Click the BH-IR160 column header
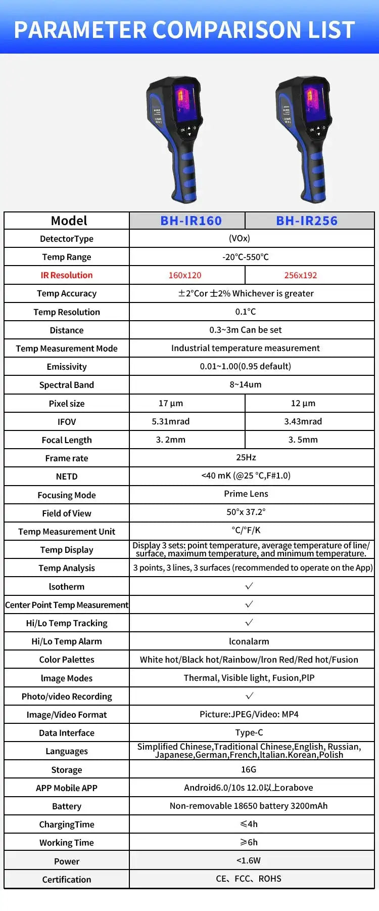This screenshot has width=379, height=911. coord(191,221)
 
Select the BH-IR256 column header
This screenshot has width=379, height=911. coord(307,221)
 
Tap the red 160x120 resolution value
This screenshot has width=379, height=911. coord(185,275)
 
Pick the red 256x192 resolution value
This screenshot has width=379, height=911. coord(301,275)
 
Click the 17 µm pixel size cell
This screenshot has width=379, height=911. coord(171,403)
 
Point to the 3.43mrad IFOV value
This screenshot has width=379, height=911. coord(303,421)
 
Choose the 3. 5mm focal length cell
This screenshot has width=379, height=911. coord(303,440)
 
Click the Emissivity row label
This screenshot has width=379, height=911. coord(67,367)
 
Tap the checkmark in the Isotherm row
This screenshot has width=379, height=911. coord(249,586)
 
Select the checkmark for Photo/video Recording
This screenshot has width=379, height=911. coord(249,696)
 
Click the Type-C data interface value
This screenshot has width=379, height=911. coord(249,732)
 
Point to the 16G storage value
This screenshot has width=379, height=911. coord(249,769)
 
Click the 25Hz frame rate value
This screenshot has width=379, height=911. coord(246,457)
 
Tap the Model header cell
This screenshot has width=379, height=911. coord(69,221)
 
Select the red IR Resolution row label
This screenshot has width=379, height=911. coord(67,275)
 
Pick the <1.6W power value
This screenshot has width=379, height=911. coord(249,860)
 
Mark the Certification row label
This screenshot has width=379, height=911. coord(67,879)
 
